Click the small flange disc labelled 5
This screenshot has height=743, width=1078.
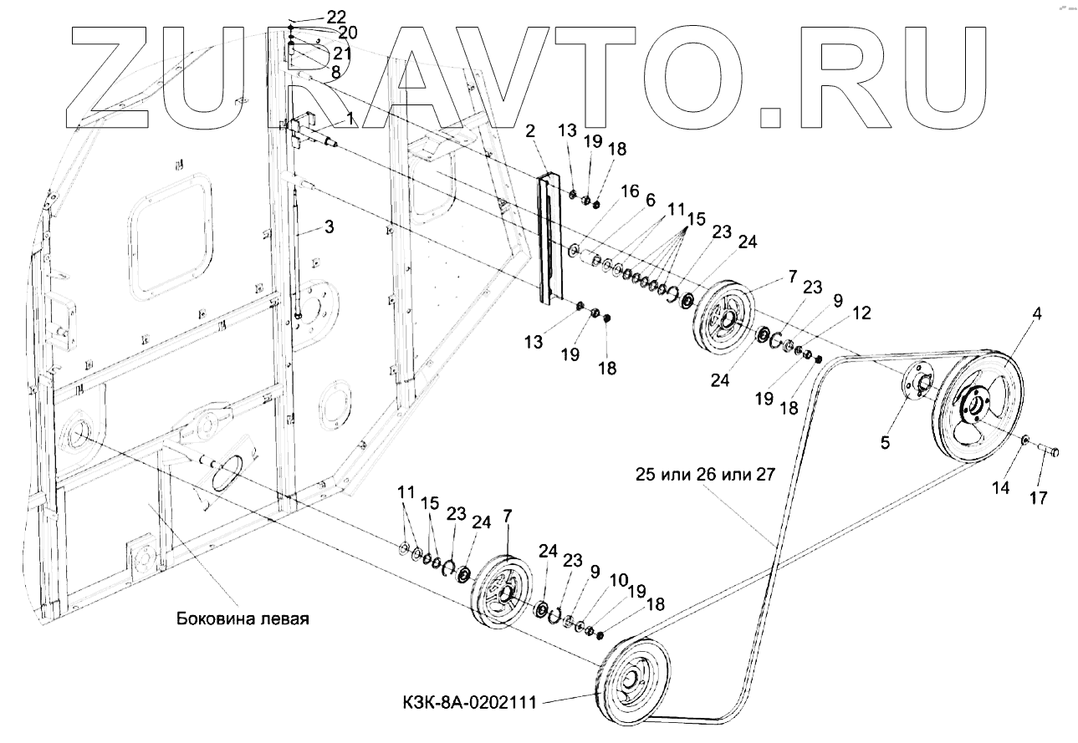(x=919, y=384)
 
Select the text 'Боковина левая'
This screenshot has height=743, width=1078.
(x=243, y=619)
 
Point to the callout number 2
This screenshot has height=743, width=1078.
(x=530, y=130)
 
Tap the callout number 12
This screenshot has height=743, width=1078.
(x=862, y=313)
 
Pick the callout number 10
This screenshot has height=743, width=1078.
(x=618, y=579)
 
